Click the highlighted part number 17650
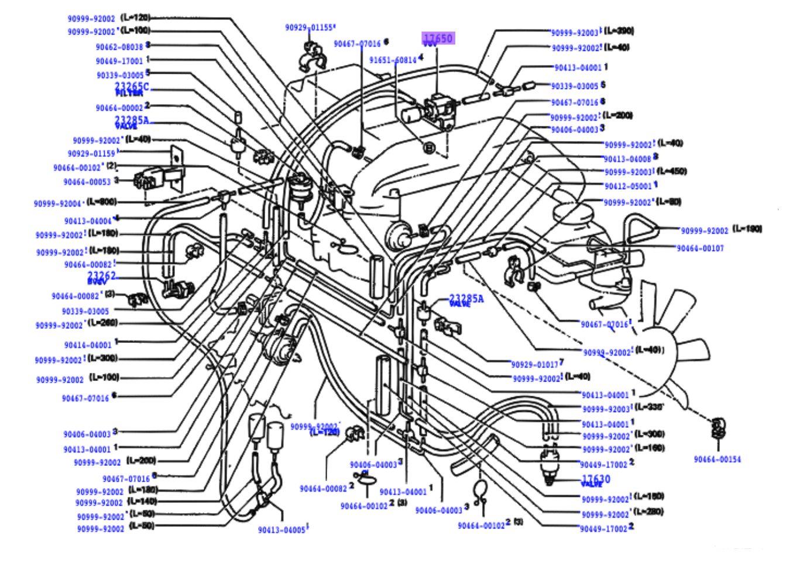(438, 39)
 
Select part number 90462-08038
(119, 47)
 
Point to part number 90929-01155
(309, 28)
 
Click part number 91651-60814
(393, 60)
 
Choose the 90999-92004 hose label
(57, 204)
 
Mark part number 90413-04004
(88, 221)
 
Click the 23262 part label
(102, 276)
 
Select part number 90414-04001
(88, 345)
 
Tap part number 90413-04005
(282, 530)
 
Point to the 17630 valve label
(596, 479)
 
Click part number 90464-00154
(717, 459)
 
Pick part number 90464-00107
(700, 248)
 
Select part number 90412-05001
(627, 186)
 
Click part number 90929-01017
(534, 365)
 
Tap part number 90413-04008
(627, 159)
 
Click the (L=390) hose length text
(619, 30)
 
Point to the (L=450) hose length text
(672, 171)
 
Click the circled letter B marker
(429, 148)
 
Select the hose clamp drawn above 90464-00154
(716, 427)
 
